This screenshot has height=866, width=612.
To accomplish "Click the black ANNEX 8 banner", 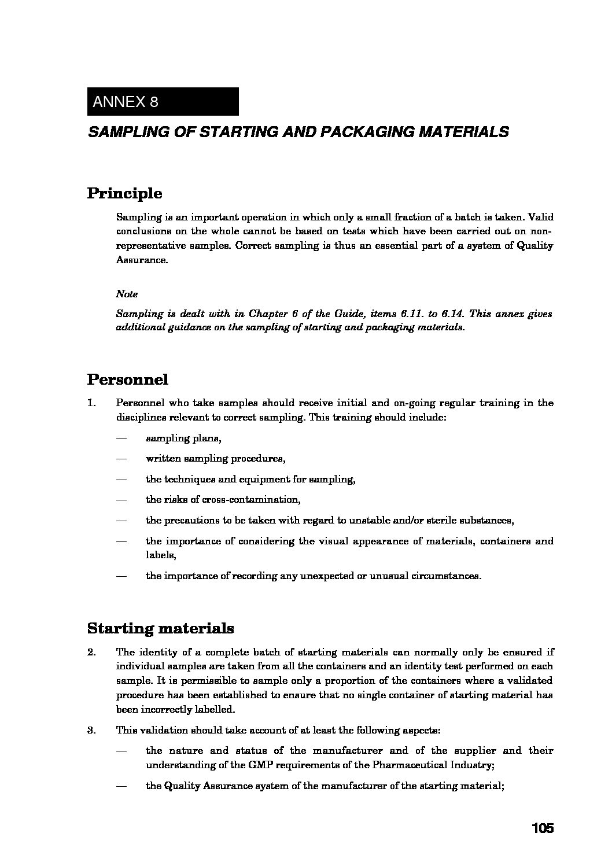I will [x=163, y=102].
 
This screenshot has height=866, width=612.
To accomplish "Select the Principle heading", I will [x=124, y=193].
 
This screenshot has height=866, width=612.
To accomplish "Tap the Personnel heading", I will [x=128, y=379].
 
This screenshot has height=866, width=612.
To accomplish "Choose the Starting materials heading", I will [x=160, y=628].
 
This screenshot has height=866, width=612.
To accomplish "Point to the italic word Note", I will [x=127, y=294].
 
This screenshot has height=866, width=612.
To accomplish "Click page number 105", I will [x=543, y=828].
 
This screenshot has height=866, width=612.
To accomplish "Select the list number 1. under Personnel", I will [x=91, y=403].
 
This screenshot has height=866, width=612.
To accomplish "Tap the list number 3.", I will [x=91, y=730].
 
